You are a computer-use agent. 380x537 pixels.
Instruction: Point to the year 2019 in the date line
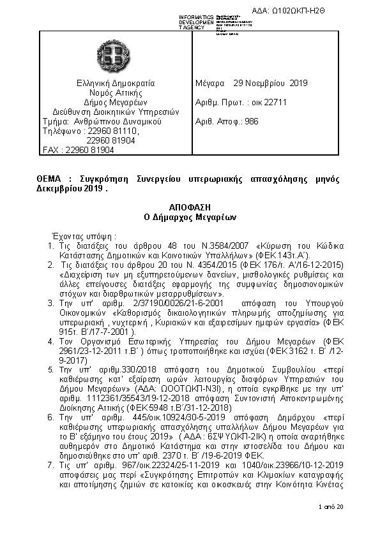pos(298,83)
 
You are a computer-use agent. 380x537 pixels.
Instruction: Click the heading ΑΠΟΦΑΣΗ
pos(190,207)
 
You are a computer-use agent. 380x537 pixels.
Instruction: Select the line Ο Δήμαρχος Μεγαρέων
pos(190,217)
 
